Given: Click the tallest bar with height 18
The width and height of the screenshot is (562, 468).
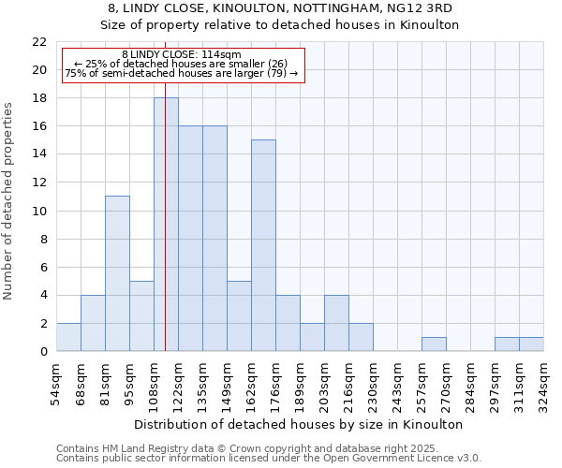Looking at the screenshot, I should click(166, 225).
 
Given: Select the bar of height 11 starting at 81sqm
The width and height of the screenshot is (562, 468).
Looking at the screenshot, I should click(117, 273).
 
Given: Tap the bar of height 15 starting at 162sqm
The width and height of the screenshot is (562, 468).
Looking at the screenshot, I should click(263, 245).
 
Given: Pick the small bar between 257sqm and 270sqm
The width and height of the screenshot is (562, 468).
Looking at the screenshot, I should click(434, 344).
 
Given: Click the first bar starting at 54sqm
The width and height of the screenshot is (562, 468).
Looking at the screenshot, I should click(68, 337).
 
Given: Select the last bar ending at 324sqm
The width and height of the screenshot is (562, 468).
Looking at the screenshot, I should click(531, 344).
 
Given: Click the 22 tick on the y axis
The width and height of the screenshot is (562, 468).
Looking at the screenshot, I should click(39, 42).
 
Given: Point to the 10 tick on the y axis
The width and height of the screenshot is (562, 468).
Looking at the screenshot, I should click(39, 211).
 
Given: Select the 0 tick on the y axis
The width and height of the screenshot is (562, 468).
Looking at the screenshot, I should click(43, 351).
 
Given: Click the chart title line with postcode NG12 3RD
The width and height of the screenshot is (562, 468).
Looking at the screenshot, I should click(281, 8).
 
